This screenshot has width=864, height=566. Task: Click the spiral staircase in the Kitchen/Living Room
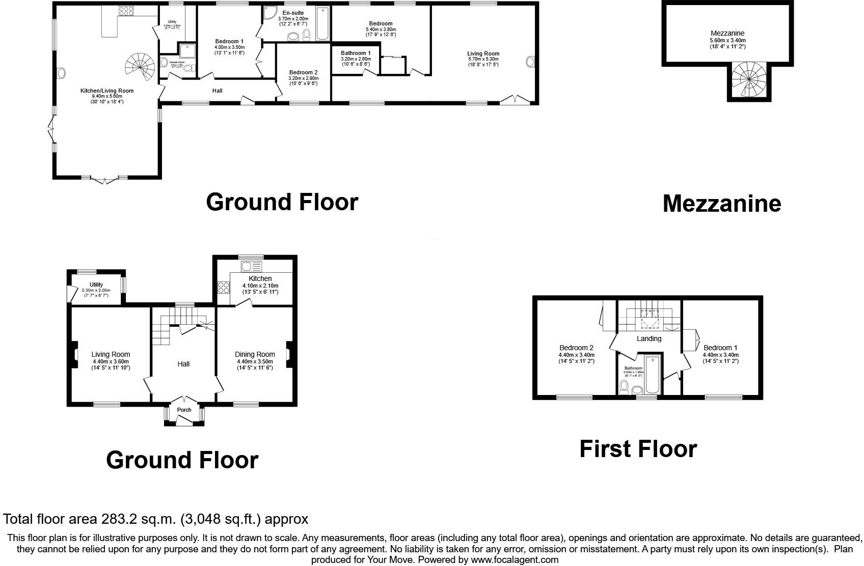click(x=140, y=66)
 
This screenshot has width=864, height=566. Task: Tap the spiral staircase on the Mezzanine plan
click(x=748, y=80)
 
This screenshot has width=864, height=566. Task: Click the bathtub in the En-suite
click(x=322, y=23)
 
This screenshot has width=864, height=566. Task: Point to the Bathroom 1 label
click(x=356, y=53)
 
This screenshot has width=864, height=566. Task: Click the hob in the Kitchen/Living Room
click(x=126, y=11)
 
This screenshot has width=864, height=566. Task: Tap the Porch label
click(x=184, y=410)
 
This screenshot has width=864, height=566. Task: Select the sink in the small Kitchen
click(x=251, y=266)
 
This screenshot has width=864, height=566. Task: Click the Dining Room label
click(x=255, y=355)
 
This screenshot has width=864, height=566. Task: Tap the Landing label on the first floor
click(x=649, y=338)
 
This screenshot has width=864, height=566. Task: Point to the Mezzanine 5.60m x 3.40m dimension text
click(x=727, y=40)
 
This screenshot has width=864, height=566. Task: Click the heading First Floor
click(x=638, y=449)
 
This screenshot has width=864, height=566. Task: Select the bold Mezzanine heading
click(x=721, y=203)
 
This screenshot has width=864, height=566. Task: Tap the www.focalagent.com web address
click(x=514, y=560)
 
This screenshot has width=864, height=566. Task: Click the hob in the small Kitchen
click(x=224, y=288)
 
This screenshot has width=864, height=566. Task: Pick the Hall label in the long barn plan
click(x=218, y=91)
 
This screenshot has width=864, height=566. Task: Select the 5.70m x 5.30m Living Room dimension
click(x=483, y=59)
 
